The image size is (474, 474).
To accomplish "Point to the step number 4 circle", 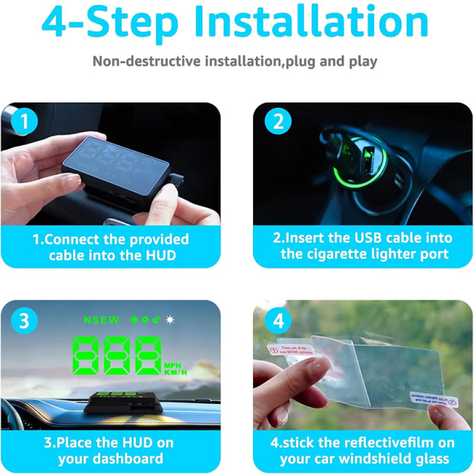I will point(277,321).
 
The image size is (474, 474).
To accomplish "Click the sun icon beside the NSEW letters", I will point(170,320).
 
